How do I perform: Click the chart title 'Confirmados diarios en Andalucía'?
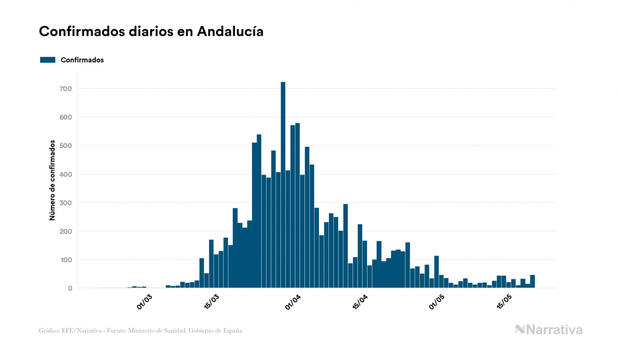click(151, 32)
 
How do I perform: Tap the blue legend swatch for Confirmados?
click(48, 60)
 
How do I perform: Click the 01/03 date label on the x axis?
click(145, 302)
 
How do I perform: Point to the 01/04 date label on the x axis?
click(293, 302)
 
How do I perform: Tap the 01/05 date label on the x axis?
click(437, 302)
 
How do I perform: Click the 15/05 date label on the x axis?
click(505, 302)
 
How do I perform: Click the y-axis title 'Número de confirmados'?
click(52, 181)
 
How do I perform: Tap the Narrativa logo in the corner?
click(549, 330)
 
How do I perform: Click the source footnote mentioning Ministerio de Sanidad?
click(140, 331)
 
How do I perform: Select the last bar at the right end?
click(533, 281)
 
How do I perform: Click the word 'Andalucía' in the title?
click(230, 32)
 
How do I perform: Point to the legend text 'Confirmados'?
click(82, 60)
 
